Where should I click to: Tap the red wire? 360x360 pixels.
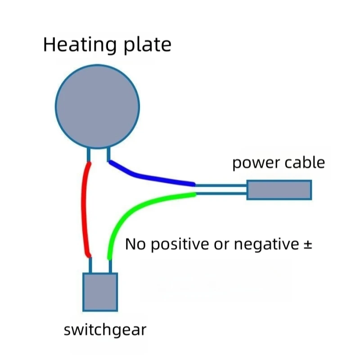click(x=84, y=207)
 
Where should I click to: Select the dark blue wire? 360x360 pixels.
click(x=148, y=176)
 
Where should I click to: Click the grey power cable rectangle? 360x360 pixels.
click(x=279, y=189)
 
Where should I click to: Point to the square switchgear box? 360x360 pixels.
click(x=100, y=292)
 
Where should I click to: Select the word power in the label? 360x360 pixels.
click(x=252, y=163)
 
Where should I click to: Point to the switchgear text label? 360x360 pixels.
click(x=105, y=330)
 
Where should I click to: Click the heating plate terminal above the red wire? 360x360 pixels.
click(x=89, y=154)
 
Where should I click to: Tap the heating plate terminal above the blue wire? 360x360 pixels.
click(x=109, y=154)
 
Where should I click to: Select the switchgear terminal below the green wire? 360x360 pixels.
click(x=110, y=266)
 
